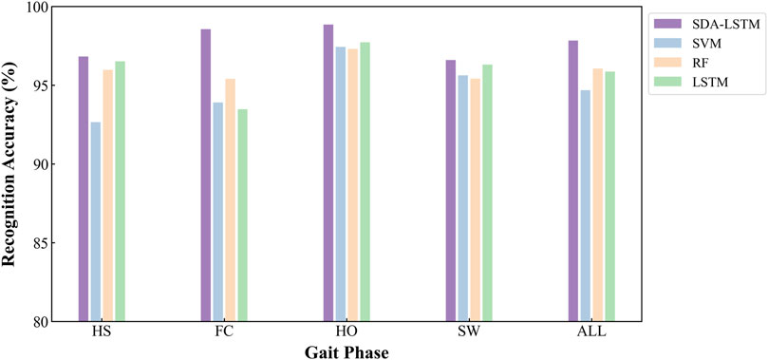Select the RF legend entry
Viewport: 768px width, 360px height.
coord(702,65)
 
